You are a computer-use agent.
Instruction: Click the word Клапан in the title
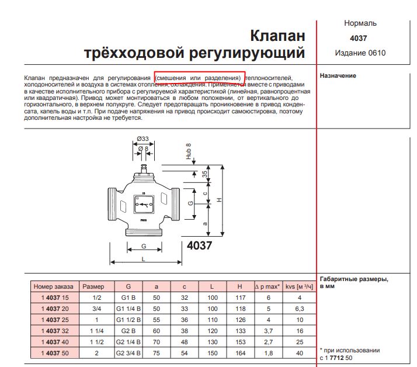[277, 36]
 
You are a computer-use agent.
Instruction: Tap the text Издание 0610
[360, 53]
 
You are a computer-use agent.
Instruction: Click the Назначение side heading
[338, 76]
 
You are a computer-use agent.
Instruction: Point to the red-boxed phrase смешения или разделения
[198, 78]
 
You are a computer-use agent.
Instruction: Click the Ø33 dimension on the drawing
[143, 139]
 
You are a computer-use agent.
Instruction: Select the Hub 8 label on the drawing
[189, 151]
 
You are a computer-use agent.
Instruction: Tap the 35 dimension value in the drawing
[206, 174]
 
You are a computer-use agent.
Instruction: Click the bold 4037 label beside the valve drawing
[199, 245]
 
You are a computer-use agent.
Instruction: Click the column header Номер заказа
[54, 287]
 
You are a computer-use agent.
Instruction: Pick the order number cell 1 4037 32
[54, 331]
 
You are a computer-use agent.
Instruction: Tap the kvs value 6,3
[300, 309]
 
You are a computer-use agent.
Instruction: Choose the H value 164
[239, 353]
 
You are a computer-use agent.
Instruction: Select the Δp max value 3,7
[269, 331]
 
